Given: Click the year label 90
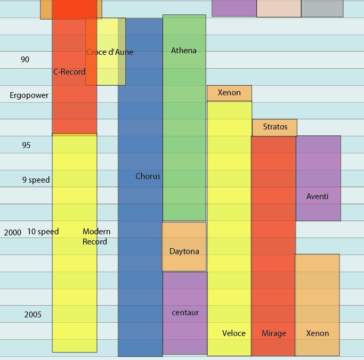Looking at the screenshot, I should click(x=25, y=60).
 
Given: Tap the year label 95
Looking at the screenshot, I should click(x=26, y=145).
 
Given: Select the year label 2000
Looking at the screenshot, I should click(x=13, y=233).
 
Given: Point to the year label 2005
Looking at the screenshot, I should click(x=33, y=315).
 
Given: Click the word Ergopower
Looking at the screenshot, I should click(x=29, y=96).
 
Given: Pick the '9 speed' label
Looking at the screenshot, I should click(x=36, y=180).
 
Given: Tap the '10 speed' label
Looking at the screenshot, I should click(x=43, y=232).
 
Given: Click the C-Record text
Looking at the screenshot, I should click(x=69, y=72).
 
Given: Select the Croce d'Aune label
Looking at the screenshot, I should click(x=110, y=52).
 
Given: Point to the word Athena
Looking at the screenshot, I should click(x=184, y=51).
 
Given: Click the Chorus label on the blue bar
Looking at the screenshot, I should click(x=148, y=176).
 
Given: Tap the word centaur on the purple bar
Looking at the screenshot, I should click(x=185, y=313).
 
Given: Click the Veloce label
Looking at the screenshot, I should click(x=234, y=333).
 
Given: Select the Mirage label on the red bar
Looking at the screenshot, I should click(x=274, y=333).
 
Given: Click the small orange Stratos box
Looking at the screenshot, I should click(x=275, y=127).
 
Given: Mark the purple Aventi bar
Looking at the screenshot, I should click(x=318, y=178).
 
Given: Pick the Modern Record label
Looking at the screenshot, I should click(x=96, y=236).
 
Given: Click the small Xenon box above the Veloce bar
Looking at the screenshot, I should click(x=229, y=93).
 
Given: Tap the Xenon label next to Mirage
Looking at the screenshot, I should click(x=318, y=333).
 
